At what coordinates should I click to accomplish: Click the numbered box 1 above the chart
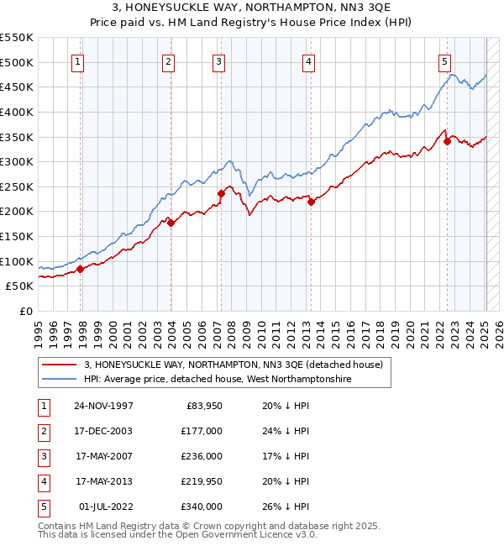click(77, 60)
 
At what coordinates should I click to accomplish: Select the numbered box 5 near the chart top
click(444, 60)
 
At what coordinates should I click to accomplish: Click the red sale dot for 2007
click(221, 193)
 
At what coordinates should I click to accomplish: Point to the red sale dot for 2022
click(447, 141)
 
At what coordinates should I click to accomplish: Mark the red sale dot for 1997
click(81, 269)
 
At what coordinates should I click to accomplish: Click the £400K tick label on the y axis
click(17, 112)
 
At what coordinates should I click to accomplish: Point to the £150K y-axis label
click(17, 236)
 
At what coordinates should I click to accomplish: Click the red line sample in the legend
click(59, 365)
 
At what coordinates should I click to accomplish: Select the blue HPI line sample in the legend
click(59, 380)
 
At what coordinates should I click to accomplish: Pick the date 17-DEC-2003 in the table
click(103, 431)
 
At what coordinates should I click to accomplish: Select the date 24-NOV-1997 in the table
click(103, 406)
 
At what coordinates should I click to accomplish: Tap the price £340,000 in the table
click(202, 507)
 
